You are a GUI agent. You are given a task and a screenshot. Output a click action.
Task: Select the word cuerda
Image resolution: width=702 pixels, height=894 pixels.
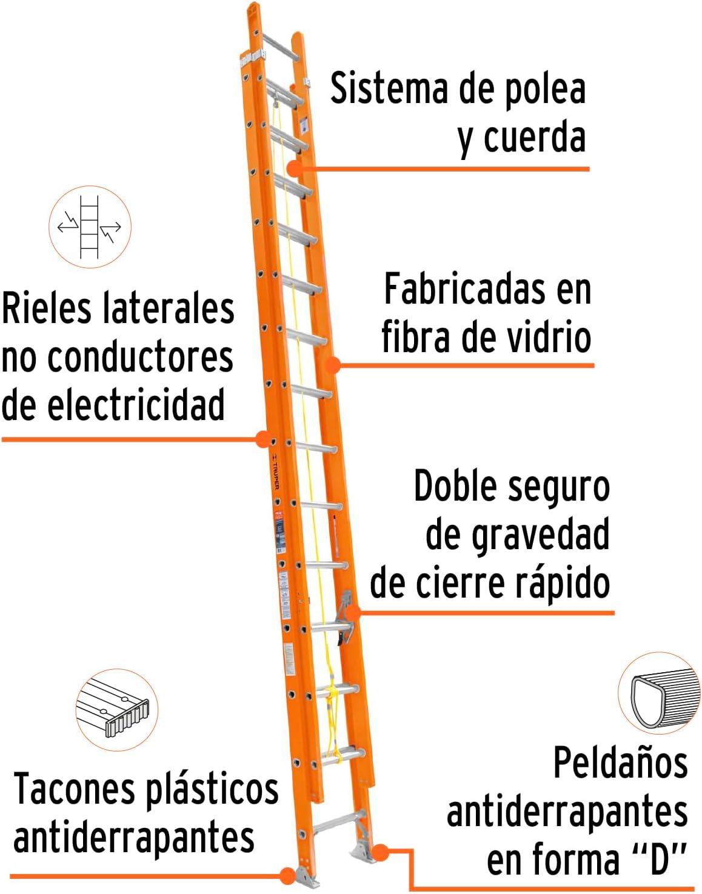tap(533, 138)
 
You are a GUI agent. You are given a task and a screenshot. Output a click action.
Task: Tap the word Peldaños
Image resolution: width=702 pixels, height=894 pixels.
tap(620, 763)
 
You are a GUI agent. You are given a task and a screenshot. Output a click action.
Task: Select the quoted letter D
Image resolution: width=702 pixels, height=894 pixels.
tap(659, 859)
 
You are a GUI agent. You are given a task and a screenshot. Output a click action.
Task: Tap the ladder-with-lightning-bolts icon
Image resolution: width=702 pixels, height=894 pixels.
tap(90, 227)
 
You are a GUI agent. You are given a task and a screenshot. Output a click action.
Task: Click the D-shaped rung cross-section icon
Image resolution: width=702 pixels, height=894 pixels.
tap(659, 694)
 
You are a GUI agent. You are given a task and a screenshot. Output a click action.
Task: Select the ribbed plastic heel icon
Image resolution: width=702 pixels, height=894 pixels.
tap(116, 710)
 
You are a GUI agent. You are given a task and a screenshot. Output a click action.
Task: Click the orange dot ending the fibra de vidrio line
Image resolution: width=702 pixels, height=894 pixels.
tap(332, 365)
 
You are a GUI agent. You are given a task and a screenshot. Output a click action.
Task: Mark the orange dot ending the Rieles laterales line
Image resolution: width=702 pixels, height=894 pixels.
tap(263, 439)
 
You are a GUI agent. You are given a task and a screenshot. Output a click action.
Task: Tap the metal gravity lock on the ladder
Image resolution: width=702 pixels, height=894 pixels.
tap(346, 615)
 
